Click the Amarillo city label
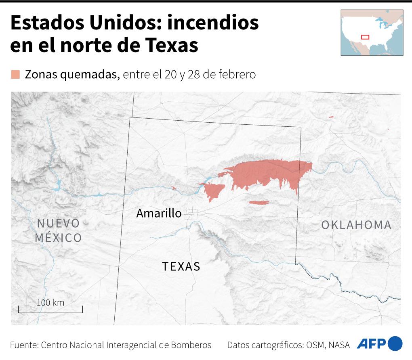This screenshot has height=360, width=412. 159,213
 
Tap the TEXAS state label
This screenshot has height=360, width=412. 181,266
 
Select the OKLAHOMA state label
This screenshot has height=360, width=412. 356,225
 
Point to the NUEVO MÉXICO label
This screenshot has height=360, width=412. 58,230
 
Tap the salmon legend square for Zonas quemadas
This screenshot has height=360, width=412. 16,75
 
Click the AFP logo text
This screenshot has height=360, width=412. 371,344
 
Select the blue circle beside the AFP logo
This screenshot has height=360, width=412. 395,344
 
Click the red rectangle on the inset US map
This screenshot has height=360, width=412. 365,37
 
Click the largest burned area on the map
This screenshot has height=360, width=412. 267,174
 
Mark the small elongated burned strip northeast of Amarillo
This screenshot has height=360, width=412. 259,202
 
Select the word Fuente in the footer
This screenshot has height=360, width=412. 23,345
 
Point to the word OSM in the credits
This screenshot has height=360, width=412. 315,345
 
